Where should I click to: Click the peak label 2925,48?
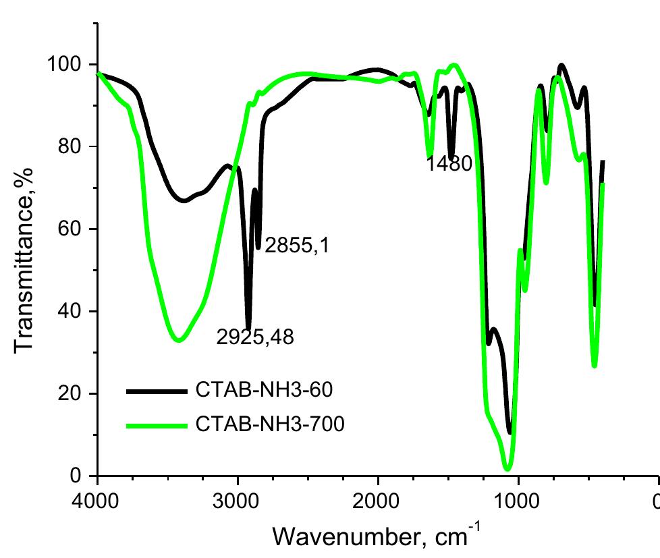tap(255, 336)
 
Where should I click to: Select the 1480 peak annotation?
tap(449, 164)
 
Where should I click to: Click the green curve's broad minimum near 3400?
tap(179, 340)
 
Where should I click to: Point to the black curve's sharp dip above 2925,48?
tap(249, 327)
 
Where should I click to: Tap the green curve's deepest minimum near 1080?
tap(507, 468)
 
